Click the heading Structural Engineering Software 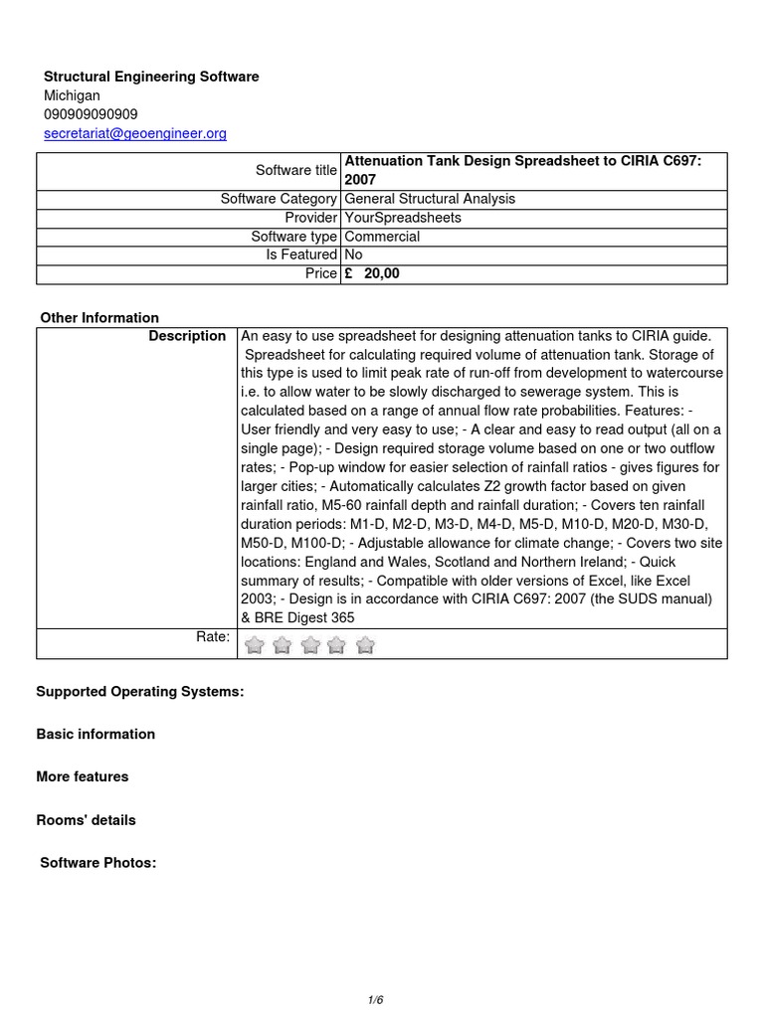pyautogui.click(x=151, y=77)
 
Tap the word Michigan pyautogui.click(x=72, y=95)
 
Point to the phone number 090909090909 pyautogui.click(x=91, y=114)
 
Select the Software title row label pyautogui.click(x=296, y=170)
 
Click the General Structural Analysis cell pyautogui.click(x=430, y=199)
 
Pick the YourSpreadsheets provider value pyautogui.click(x=403, y=218)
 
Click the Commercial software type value pyautogui.click(x=382, y=237)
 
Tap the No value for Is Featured pyautogui.click(x=353, y=254)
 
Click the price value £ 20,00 pyautogui.click(x=372, y=273)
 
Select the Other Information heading pyautogui.click(x=99, y=318)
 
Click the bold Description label pyautogui.click(x=187, y=336)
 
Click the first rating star pyautogui.click(x=255, y=646)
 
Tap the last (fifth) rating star pyautogui.click(x=365, y=646)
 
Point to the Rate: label pyautogui.click(x=213, y=636)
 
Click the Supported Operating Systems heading pyautogui.click(x=140, y=691)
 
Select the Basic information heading pyautogui.click(x=95, y=734)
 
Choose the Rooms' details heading pyautogui.click(x=87, y=820)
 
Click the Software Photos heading pyautogui.click(x=98, y=863)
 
